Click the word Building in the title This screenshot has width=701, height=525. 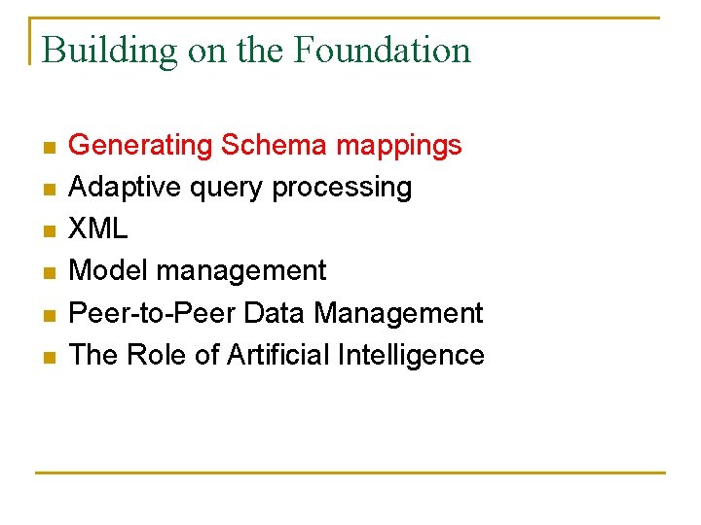point(110,51)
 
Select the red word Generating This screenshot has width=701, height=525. point(141,146)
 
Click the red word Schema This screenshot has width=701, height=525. point(275,146)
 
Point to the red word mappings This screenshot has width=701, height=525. point(398,147)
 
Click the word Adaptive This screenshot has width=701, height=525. point(120,188)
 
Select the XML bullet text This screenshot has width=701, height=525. point(98,229)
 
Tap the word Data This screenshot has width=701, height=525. point(273,313)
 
